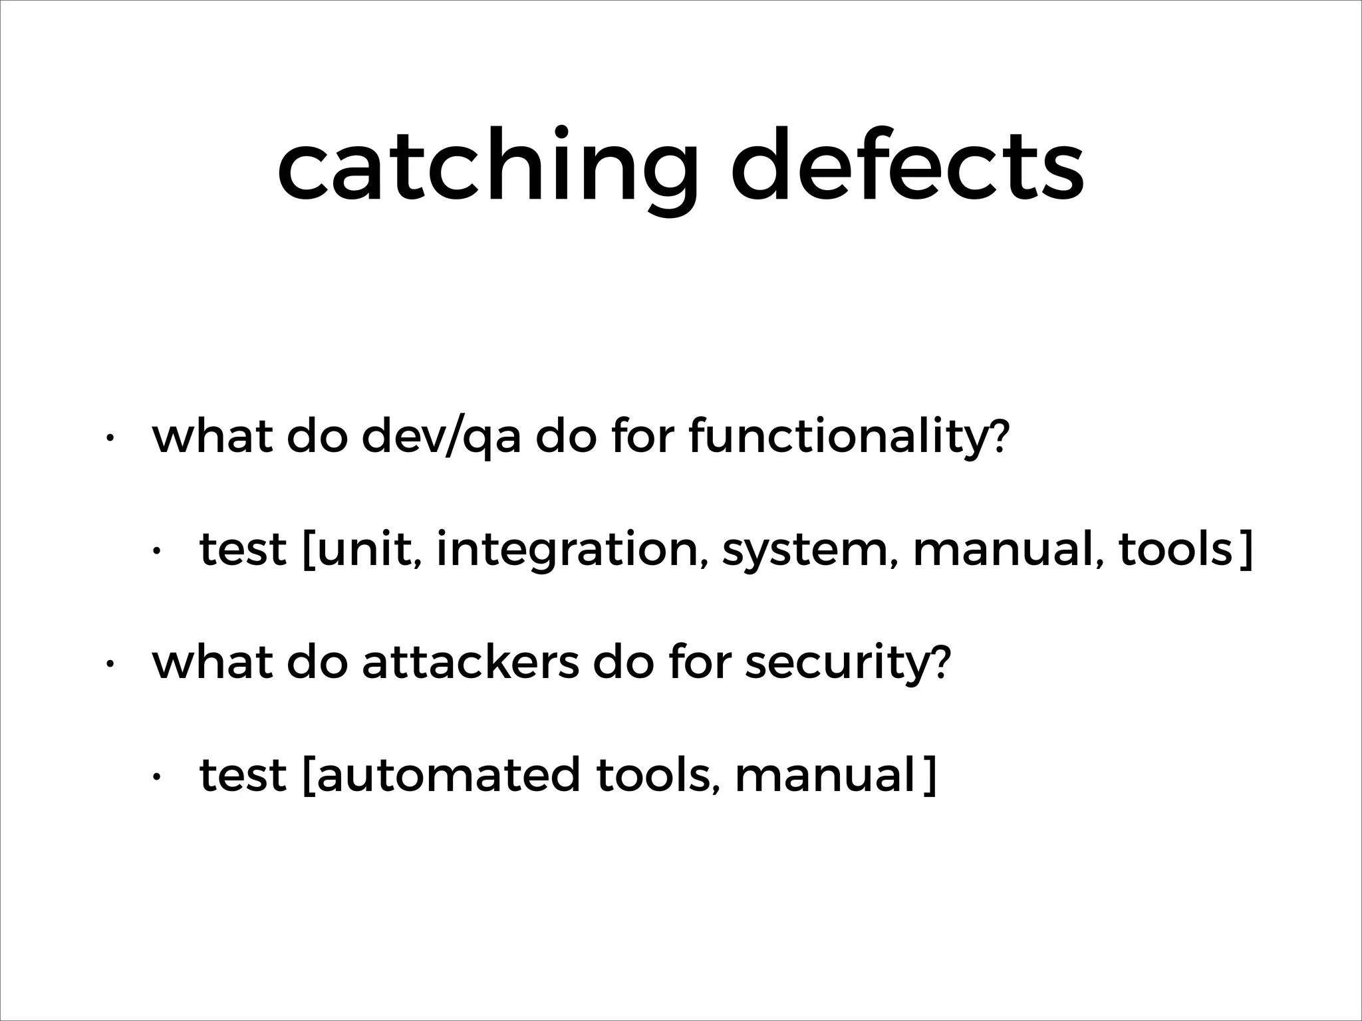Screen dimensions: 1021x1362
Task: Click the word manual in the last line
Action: pos(825,775)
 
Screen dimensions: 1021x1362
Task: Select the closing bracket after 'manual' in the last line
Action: pos(929,776)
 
